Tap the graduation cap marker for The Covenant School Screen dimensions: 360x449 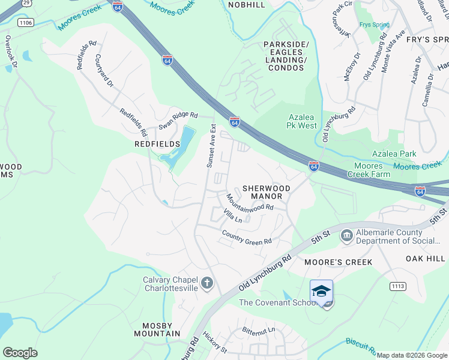pyautogui.click(x=321, y=291)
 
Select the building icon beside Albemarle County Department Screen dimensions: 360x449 pyautogui.click(x=346, y=236)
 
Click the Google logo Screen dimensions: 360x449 pyautogui.click(x=20, y=353)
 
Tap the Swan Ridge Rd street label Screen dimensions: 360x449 pyautogui.click(x=178, y=120)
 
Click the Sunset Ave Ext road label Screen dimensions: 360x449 pyautogui.click(x=211, y=146)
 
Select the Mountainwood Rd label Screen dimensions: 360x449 pyautogui.click(x=250, y=202)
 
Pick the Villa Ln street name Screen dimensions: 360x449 pyautogui.click(x=232, y=216)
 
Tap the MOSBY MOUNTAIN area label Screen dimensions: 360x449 pyautogui.click(x=157, y=329)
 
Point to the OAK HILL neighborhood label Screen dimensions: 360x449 pyautogui.click(x=425, y=259)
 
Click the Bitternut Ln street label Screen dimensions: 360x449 pyautogui.click(x=258, y=330)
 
